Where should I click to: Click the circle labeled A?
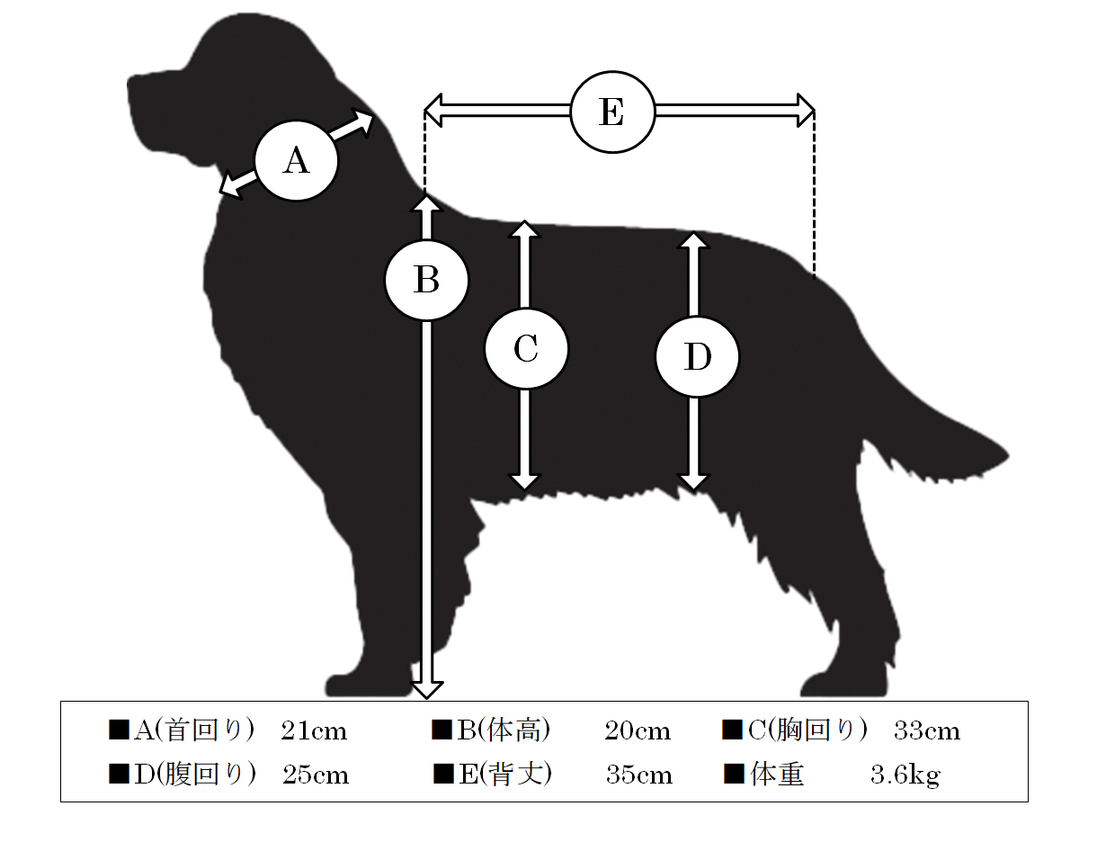point(296,161)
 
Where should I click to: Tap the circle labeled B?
point(426,281)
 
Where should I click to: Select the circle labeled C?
point(526,349)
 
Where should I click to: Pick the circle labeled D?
point(697,357)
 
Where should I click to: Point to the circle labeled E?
point(612,112)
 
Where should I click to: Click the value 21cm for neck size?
point(314,731)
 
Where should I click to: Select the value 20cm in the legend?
point(638,731)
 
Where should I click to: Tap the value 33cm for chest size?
point(927,731)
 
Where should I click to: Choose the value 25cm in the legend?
point(317,775)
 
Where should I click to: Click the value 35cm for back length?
point(639,775)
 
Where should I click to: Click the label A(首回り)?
point(194,730)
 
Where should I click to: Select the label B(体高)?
point(504,730)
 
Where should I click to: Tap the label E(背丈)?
point(505,775)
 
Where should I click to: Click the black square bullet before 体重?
point(735,775)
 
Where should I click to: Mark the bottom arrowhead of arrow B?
point(426,690)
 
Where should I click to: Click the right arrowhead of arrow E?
point(806,110)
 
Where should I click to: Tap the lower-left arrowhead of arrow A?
point(229,186)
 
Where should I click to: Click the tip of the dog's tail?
point(1007,454)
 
